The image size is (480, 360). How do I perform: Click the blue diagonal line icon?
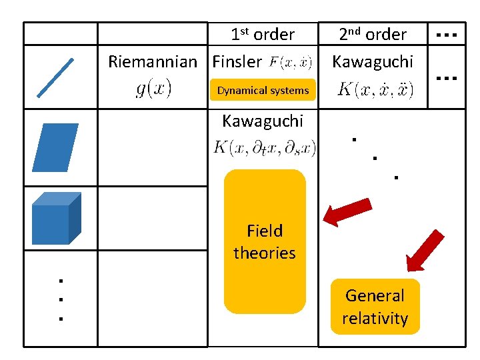click(x=55, y=77)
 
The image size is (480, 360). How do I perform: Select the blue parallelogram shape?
click(x=55, y=147)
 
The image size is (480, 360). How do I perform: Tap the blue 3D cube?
click(x=57, y=218)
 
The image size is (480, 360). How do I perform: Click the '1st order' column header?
click(x=262, y=34)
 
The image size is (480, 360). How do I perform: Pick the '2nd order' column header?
click(x=372, y=34)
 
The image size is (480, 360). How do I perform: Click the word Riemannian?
click(x=153, y=62)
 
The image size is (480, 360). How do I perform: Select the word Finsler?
click(x=237, y=62)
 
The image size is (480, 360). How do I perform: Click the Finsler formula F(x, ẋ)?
click(x=291, y=63)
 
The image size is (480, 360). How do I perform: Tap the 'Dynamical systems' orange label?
click(x=263, y=90)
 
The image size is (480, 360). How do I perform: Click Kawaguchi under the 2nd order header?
click(x=373, y=61)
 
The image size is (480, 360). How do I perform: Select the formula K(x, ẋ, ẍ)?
click(x=375, y=89)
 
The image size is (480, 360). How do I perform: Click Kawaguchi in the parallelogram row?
click(x=262, y=121)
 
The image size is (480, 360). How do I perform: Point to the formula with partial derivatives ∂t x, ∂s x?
click(x=265, y=147)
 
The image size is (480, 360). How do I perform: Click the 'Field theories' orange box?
click(x=265, y=241)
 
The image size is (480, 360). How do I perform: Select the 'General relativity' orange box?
click(x=375, y=307)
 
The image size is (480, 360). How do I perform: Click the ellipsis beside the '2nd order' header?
click(x=445, y=33)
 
